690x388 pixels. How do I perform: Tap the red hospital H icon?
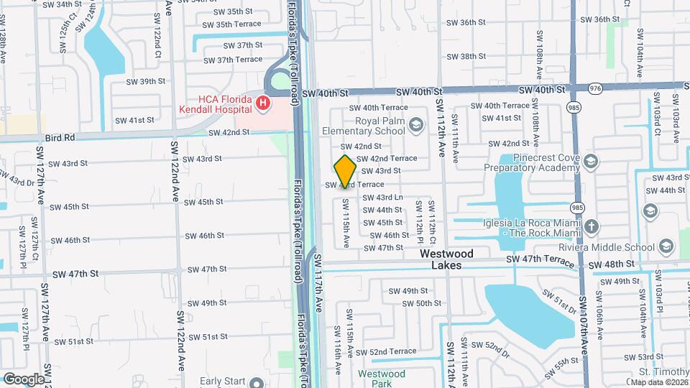click(x=263, y=103)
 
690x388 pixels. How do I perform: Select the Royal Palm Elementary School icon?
click(x=415, y=126)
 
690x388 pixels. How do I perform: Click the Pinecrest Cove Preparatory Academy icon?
click(x=591, y=160)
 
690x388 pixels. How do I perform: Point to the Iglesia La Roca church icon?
click(x=591, y=227)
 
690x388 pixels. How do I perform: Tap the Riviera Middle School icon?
click(x=666, y=247)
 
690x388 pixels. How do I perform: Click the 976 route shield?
click(x=594, y=88)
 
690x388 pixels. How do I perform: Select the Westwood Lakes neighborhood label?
click(x=446, y=259)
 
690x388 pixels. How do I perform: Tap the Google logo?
click(x=24, y=379)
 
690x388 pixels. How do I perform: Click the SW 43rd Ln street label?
click(x=382, y=198)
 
